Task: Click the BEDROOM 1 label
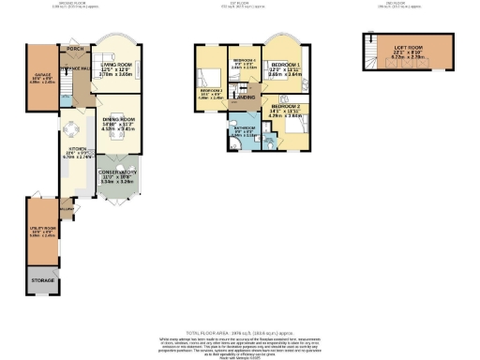[286, 67]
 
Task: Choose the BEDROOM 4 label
[244, 60]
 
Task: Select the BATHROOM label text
[245, 127]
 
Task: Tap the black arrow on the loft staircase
[369, 42]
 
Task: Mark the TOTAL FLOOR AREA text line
[240, 333]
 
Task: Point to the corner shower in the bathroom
[232, 144]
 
